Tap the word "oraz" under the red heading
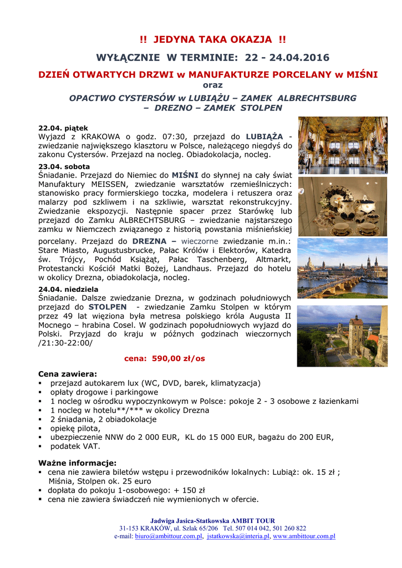tap(212, 85)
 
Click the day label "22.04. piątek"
tap(63, 128)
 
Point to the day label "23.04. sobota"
tap(64, 166)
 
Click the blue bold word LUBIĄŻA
tap(264, 136)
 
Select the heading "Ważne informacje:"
tap(77, 463)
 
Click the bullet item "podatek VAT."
tap(75, 446)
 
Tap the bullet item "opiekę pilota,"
tap(76, 428)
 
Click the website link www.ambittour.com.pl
tap(304, 536)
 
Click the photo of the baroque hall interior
tap(342, 145)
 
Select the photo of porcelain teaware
tap(342, 206)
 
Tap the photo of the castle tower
tap(342, 336)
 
